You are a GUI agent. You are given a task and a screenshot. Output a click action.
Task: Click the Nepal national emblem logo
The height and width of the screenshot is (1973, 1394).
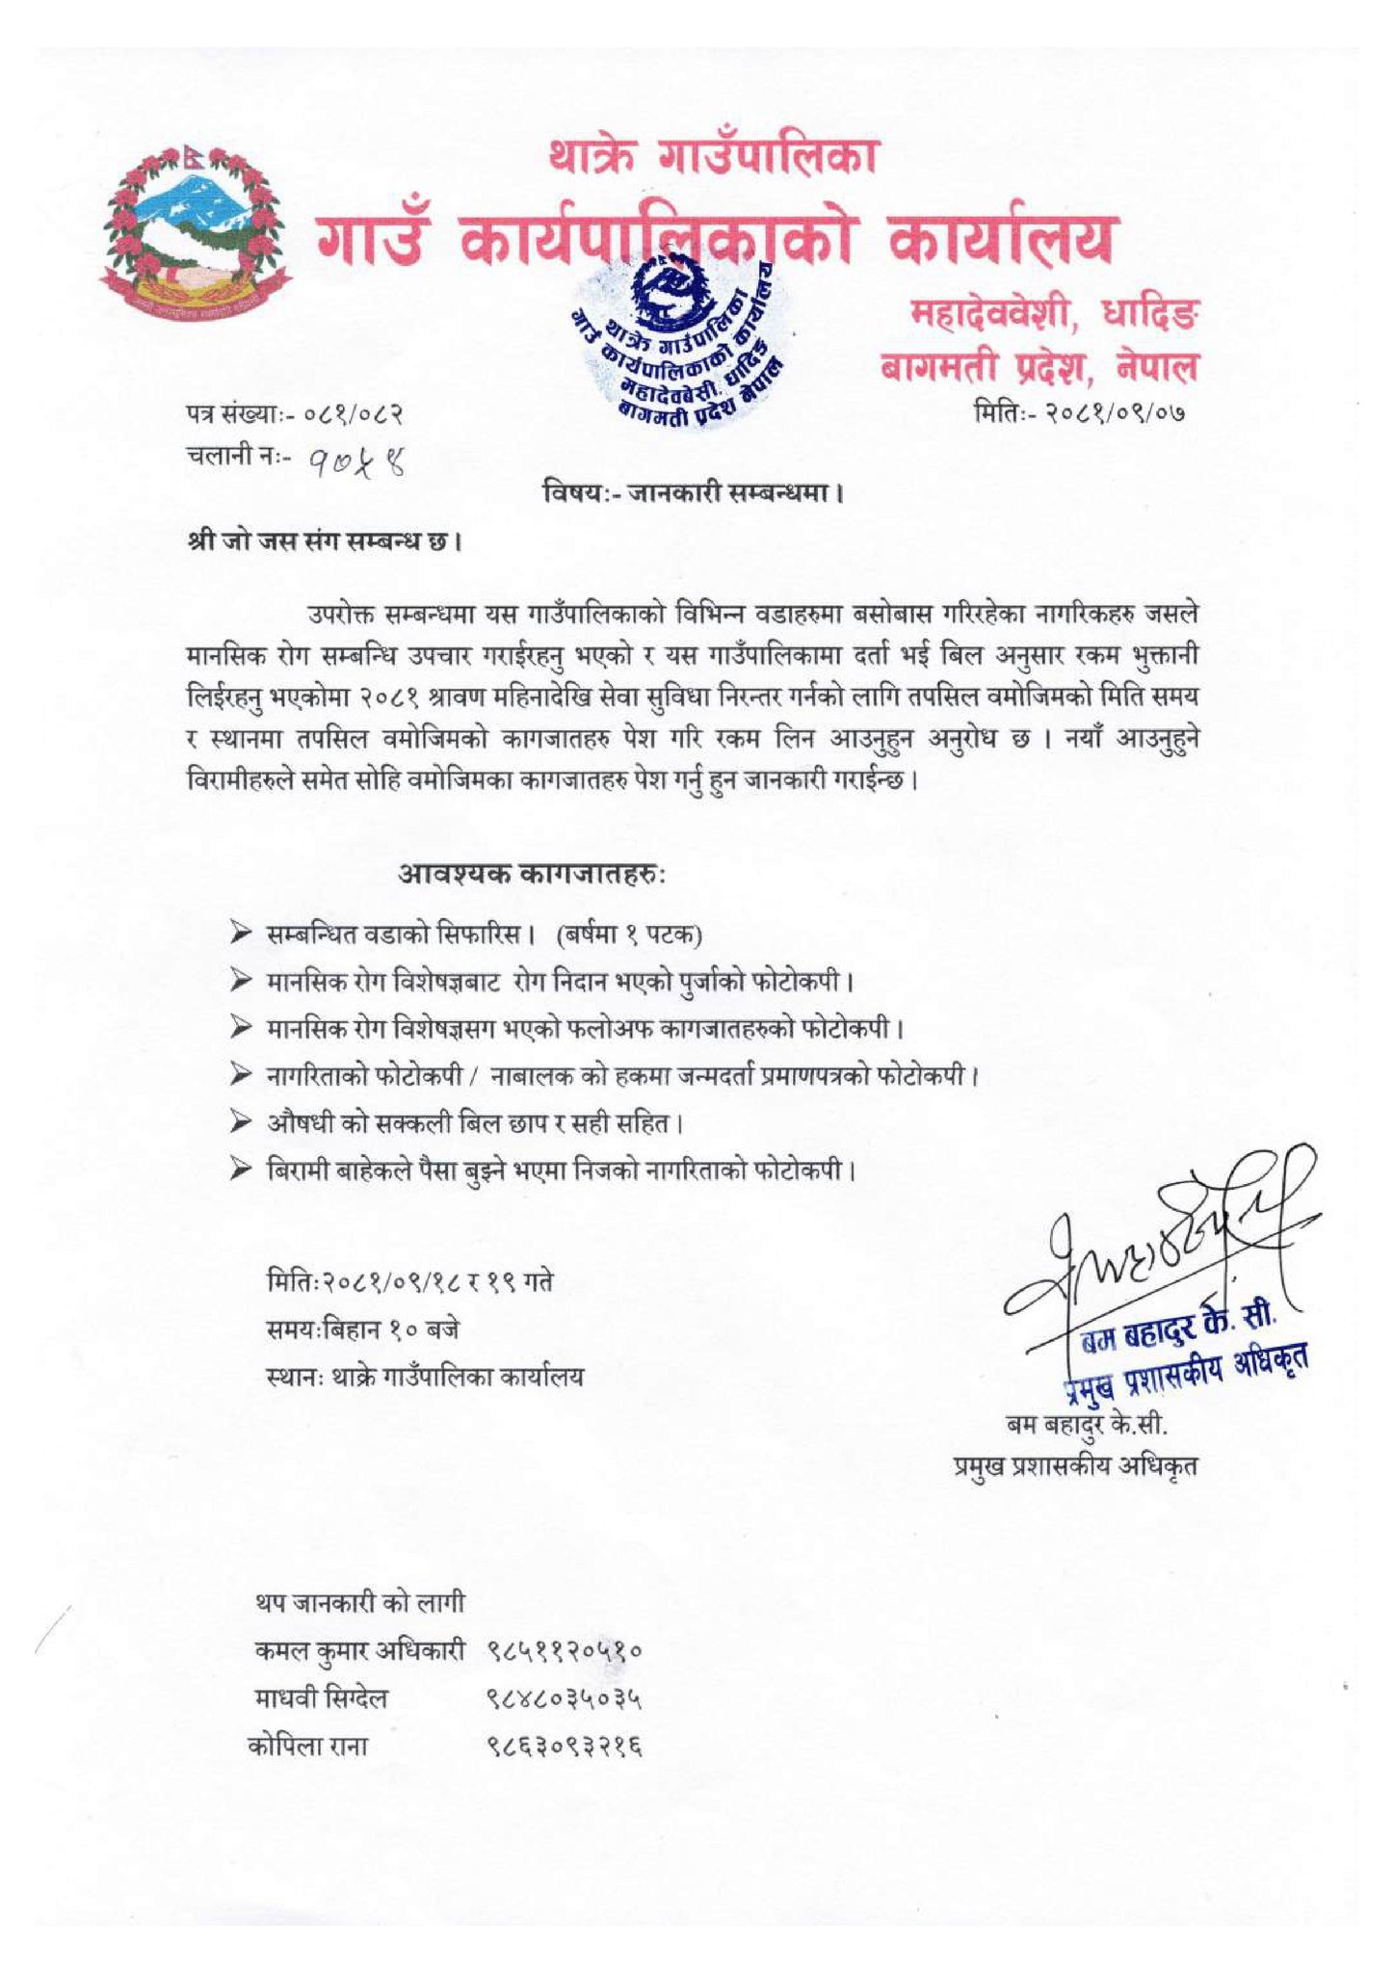[x=196, y=227]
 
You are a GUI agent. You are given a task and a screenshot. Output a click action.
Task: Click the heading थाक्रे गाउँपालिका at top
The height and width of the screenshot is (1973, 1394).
[x=714, y=156]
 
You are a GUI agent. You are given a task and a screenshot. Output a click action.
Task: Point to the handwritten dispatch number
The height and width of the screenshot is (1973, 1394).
[x=355, y=466]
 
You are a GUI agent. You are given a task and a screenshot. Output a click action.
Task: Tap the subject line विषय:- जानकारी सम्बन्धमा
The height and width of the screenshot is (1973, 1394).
[x=693, y=495]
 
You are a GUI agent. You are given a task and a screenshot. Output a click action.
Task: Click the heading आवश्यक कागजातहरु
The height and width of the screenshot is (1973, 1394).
[x=532, y=875]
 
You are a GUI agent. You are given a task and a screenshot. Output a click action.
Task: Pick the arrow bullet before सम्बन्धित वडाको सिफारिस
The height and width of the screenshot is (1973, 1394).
[x=240, y=933]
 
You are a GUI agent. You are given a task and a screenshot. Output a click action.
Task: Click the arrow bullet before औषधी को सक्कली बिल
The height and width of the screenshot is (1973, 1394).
[x=240, y=1122]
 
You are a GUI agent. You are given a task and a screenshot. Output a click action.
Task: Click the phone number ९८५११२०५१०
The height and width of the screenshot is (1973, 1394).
[x=565, y=1652]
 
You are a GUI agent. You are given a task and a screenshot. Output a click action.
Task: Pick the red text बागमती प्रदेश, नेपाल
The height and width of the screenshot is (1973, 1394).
[x=1040, y=367]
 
